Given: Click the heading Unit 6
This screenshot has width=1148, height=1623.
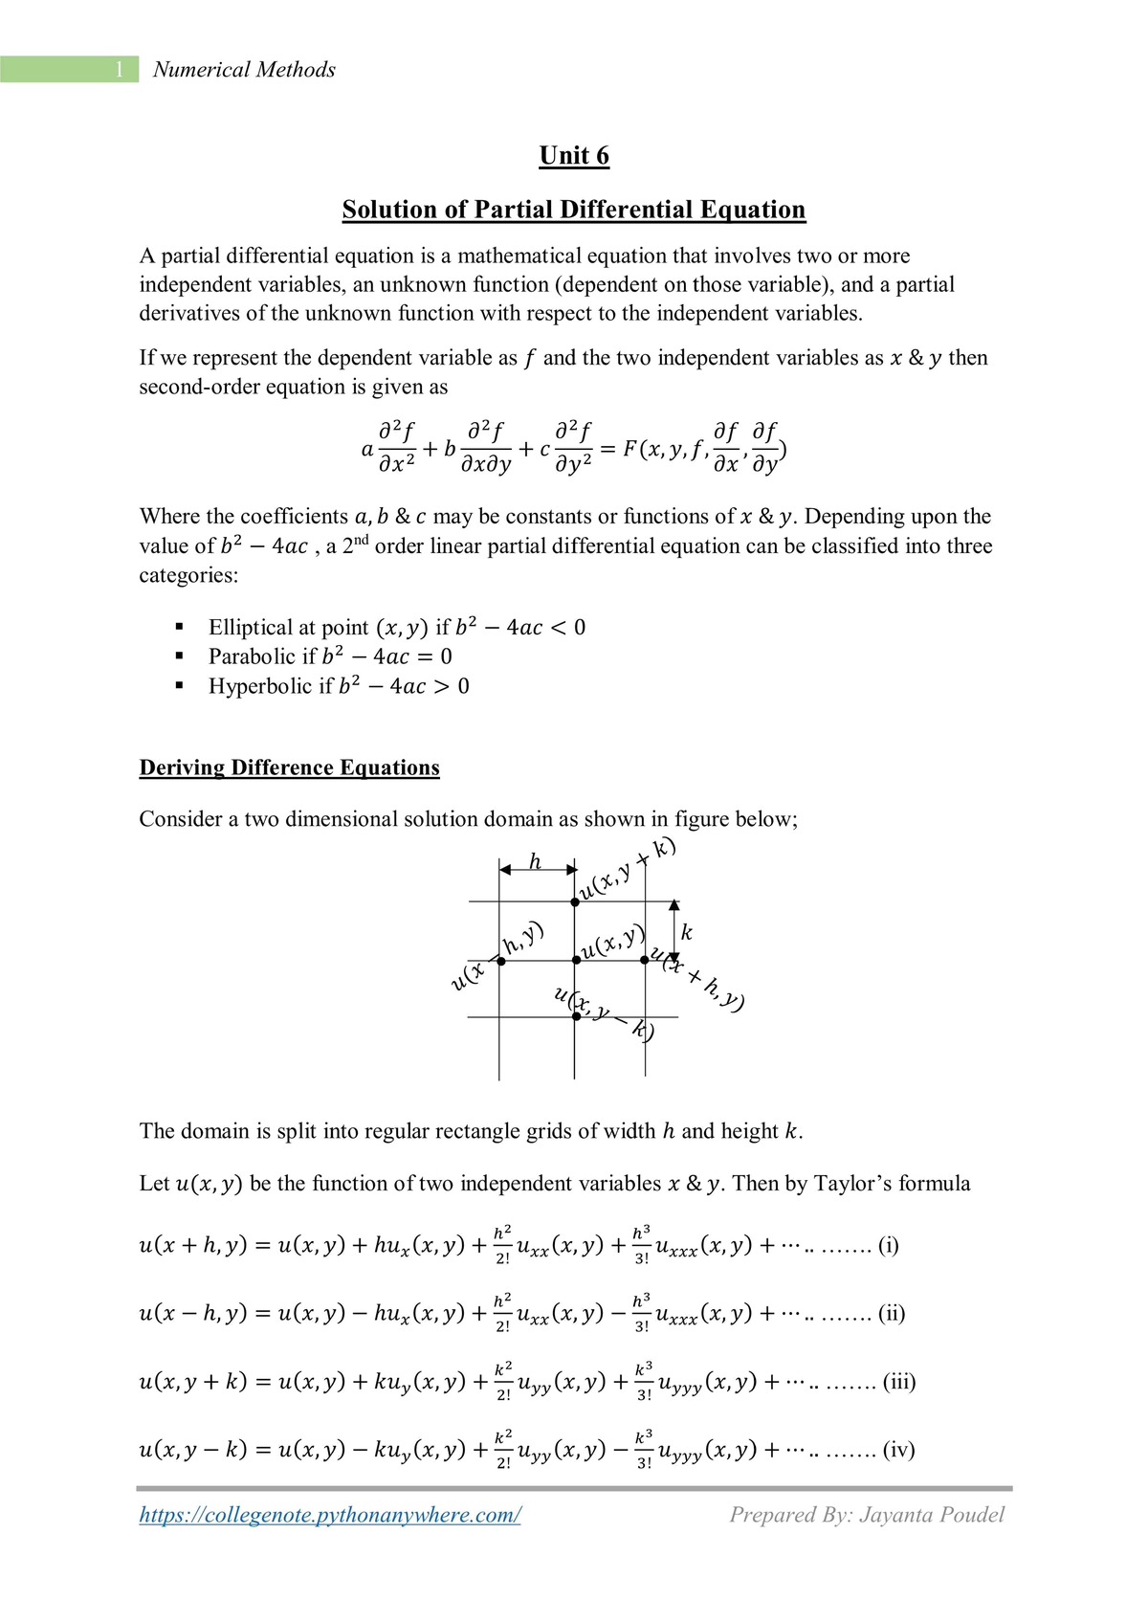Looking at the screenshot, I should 574,156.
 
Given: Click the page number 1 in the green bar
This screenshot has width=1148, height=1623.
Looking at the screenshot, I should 120,70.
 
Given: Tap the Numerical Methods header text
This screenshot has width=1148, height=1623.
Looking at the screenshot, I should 244,70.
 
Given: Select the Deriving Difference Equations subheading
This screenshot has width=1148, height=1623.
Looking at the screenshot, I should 289,767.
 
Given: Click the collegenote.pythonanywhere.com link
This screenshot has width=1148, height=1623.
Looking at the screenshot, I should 330,1515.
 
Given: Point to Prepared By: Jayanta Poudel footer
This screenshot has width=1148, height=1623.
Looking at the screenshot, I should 867,1515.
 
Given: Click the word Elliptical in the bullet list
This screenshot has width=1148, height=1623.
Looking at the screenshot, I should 252,628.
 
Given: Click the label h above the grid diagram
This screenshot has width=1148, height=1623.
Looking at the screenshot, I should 536,862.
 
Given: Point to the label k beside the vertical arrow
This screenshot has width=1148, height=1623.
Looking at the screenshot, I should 686,932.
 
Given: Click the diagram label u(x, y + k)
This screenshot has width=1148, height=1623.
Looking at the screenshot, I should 628,869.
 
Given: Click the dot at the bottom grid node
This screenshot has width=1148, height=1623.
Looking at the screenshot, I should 576,1016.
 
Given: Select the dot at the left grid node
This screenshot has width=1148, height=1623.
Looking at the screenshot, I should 501,961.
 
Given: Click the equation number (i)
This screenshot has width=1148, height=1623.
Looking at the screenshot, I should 888,1246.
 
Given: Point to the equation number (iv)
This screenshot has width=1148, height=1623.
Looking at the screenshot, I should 898,1450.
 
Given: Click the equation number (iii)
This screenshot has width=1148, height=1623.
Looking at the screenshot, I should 898,1382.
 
